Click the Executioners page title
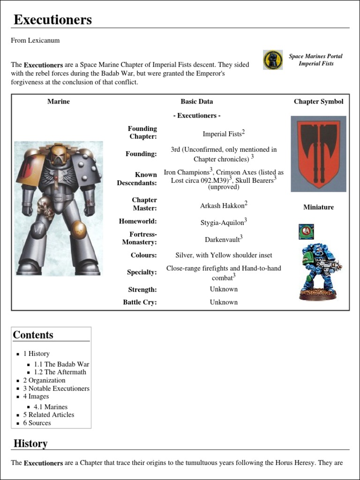click(x=52, y=20)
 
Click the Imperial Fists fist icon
click(x=273, y=60)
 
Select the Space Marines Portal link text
click(x=315, y=56)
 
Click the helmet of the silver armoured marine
click(x=59, y=154)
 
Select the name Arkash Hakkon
click(x=223, y=205)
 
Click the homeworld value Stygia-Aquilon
click(x=223, y=222)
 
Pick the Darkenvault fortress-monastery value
click(x=223, y=239)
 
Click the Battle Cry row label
click(x=140, y=302)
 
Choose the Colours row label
click(x=143, y=255)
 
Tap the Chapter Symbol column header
click(x=318, y=101)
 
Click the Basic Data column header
click(x=196, y=101)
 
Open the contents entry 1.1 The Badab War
click(x=61, y=364)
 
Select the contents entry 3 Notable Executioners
click(x=56, y=389)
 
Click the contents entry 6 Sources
click(x=37, y=423)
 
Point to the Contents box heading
click(x=33, y=335)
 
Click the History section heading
click(x=30, y=443)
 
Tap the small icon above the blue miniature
click(x=306, y=231)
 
